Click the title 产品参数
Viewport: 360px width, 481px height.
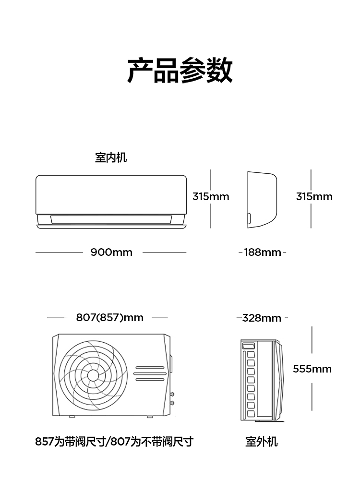click(180, 70)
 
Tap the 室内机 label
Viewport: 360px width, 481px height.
click(111, 157)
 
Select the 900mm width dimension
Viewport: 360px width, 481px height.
click(111, 252)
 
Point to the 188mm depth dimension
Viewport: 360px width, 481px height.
click(263, 252)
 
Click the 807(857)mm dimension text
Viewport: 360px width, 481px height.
click(110, 317)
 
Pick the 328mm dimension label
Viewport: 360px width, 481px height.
click(262, 318)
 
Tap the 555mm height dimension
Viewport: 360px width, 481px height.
click(312, 369)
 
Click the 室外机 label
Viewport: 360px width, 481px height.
click(262, 442)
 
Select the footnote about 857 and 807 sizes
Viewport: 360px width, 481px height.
click(114, 442)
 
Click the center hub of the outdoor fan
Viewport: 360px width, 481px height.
click(93, 375)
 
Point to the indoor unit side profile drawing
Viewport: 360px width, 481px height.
click(262, 200)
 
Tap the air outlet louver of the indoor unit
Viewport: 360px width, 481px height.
click(111, 219)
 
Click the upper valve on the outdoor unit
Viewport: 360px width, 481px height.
click(172, 394)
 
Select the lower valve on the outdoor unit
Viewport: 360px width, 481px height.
click(172, 403)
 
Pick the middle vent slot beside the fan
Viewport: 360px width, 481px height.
click(150, 373)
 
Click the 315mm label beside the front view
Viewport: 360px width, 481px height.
click(211, 196)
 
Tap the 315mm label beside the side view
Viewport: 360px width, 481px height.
click(314, 196)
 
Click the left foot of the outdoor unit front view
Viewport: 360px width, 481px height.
click(72, 417)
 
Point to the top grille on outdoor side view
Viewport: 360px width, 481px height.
click(248, 346)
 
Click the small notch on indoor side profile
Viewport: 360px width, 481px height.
click(249, 219)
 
